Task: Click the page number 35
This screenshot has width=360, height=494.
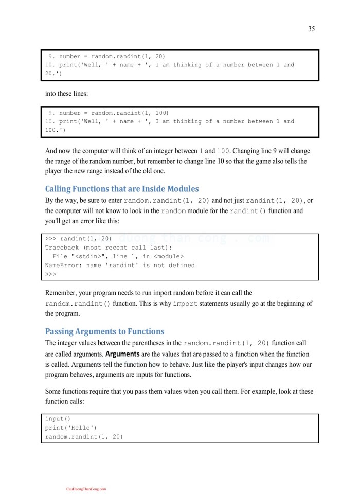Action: (x=312, y=29)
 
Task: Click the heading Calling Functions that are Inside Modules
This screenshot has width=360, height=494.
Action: (x=122, y=189)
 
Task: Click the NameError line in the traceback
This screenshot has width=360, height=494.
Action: (x=120, y=265)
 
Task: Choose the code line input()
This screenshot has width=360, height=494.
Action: (x=58, y=419)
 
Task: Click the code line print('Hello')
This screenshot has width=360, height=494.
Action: (x=71, y=428)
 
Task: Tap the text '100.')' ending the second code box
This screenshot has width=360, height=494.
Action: (x=55, y=130)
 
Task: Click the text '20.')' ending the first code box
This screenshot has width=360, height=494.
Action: (x=53, y=73)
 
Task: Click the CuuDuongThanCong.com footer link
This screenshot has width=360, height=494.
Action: (x=86, y=489)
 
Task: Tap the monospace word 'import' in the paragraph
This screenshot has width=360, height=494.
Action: (x=185, y=304)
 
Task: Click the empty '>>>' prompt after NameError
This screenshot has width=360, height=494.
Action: (x=50, y=274)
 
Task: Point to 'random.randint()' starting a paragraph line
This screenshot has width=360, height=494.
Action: (x=78, y=304)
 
